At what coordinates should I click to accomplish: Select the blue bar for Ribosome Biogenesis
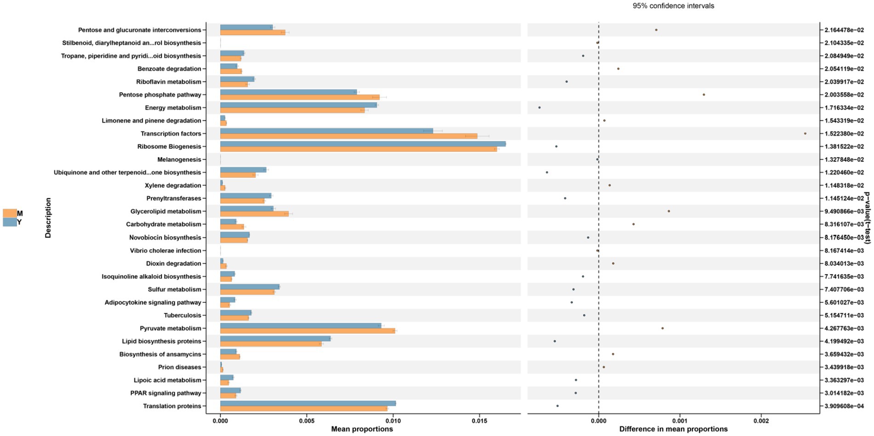click(x=363, y=144)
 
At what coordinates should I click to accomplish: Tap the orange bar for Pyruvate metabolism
click(x=307, y=331)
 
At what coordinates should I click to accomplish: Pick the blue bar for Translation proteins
click(x=307, y=403)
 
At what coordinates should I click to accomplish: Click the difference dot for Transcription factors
click(x=805, y=134)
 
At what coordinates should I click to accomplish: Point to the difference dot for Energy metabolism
click(x=539, y=108)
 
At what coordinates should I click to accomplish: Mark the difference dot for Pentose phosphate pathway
click(x=704, y=95)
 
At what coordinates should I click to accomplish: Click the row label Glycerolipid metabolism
click(x=166, y=211)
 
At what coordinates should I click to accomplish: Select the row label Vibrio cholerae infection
click(x=165, y=250)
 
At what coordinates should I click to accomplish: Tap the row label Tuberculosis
click(x=182, y=315)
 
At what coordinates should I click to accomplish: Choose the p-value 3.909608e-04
click(x=844, y=406)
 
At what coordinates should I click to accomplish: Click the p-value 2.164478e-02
click(x=844, y=30)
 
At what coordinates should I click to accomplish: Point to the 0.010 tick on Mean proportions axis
click(x=393, y=420)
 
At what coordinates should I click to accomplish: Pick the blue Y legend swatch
click(x=10, y=222)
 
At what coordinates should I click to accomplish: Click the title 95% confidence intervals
click(x=673, y=6)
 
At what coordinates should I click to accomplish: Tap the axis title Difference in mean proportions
click(x=673, y=429)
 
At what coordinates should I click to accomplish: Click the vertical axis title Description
click(x=48, y=218)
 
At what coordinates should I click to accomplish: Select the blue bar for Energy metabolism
click(x=298, y=105)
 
